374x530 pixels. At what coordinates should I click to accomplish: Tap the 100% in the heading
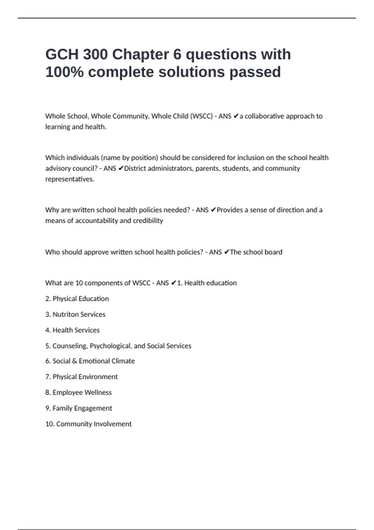click(x=64, y=72)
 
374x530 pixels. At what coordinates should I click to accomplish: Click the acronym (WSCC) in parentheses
click(x=201, y=116)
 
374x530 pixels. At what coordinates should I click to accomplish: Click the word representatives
click(x=70, y=179)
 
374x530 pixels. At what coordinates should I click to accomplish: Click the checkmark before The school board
click(x=227, y=252)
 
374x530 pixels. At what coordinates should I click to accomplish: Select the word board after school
click(x=273, y=252)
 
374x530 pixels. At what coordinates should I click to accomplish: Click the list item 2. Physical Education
click(x=77, y=299)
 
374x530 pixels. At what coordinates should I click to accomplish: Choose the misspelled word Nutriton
click(x=65, y=314)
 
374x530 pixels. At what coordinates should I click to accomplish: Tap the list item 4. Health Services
click(x=72, y=330)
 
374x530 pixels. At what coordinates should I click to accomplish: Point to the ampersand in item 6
click(x=74, y=361)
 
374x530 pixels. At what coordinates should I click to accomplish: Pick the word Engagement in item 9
click(x=93, y=408)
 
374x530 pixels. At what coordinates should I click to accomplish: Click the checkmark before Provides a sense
click(x=213, y=210)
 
